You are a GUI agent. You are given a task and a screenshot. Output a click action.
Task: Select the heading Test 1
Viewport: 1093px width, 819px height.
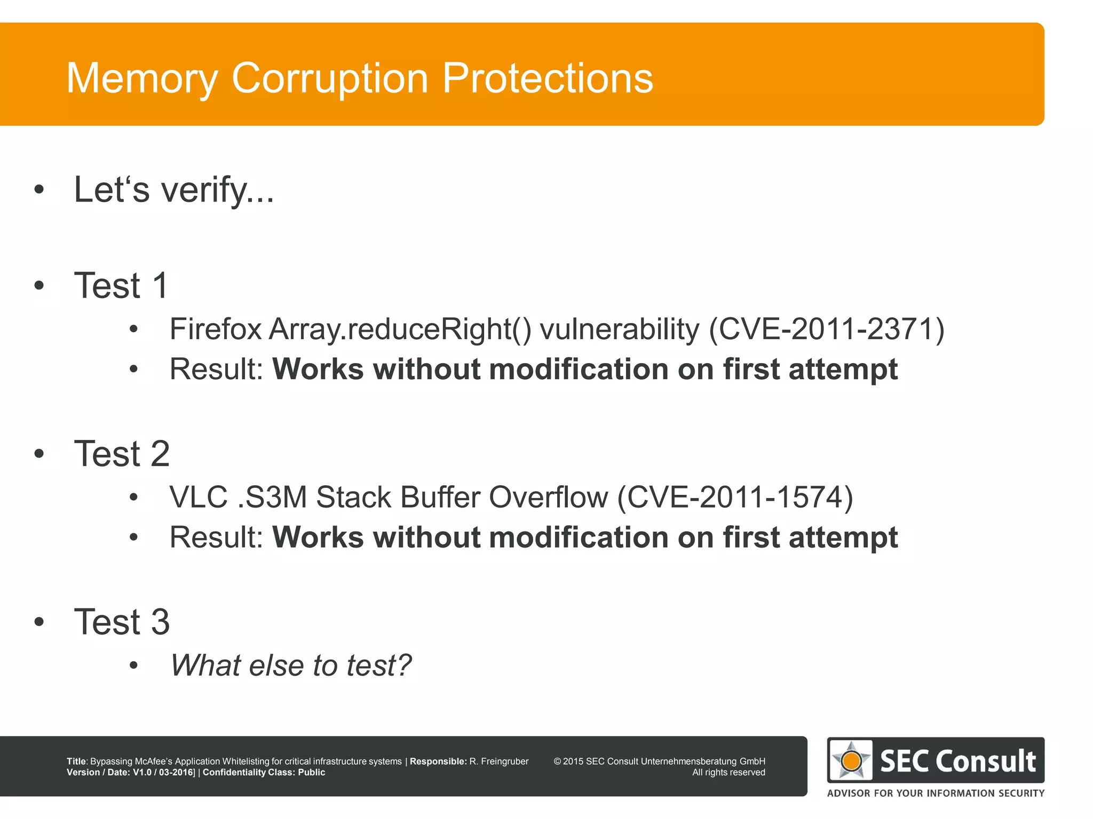pos(121,285)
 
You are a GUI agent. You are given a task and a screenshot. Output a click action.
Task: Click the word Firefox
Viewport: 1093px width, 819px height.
pos(215,329)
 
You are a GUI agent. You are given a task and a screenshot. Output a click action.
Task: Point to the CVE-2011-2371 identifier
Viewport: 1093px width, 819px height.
pos(826,329)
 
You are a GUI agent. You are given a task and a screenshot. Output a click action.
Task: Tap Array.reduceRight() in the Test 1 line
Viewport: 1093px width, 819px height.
pos(400,329)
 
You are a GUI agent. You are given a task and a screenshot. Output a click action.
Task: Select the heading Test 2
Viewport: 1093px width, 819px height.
pos(122,454)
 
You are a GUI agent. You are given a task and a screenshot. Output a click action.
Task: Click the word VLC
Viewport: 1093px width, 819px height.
pos(199,497)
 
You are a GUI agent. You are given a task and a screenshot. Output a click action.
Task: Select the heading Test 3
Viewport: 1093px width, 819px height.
pos(122,622)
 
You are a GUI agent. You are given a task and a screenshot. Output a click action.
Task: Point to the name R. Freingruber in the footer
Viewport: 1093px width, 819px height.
pos(498,761)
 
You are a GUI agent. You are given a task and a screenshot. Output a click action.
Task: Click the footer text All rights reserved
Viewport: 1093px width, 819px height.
pos(728,773)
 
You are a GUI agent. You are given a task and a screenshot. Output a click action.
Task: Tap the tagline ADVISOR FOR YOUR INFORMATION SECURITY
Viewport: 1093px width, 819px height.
pos(936,793)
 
